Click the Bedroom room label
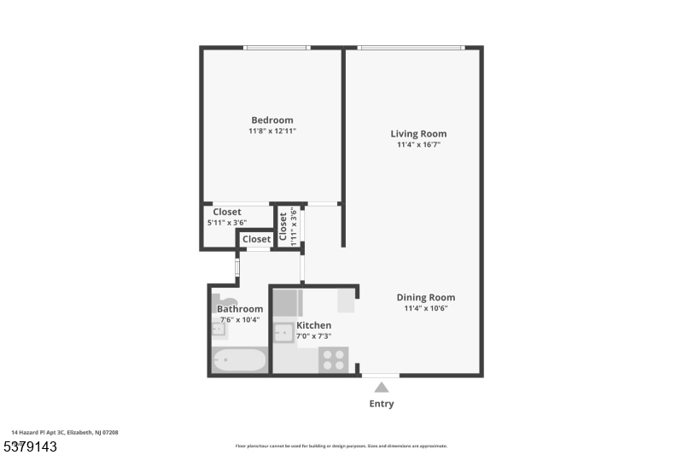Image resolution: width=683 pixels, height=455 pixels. pyautogui.click(x=271, y=120)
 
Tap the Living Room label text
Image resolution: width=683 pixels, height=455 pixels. pyautogui.click(x=418, y=134)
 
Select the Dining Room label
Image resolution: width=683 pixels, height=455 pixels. pyautogui.click(x=425, y=297)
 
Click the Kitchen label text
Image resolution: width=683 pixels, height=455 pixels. pyautogui.click(x=313, y=325)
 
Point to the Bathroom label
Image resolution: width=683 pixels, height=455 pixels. pyautogui.click(x=239, y=309)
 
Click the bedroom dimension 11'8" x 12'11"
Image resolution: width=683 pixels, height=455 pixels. pyautogui.click(x=271, y=131)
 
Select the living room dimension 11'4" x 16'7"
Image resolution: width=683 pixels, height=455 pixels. pyautogui.click(x=418, y=145)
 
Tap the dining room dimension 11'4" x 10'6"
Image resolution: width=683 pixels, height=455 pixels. pyautogui.click(x=425, y=308)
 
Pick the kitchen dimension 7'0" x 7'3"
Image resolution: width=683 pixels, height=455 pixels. pyautogui.click(x=313, y=336)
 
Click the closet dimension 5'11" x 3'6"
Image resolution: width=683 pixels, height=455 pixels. pyautogui.click(x=226, y=223)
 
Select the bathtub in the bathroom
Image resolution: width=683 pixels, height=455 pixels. pyautogui.click(x=239, y=360)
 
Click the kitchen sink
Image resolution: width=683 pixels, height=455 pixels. pyautogui.click(x=284, y=331)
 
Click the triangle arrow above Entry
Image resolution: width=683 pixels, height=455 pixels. pyautogui.click(x=381, y=388)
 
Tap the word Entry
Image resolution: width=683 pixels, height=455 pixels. pyautogui.click(x=381, y=404)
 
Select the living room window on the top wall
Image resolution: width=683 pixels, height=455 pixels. pyautogui.click(x=412, y=48)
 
